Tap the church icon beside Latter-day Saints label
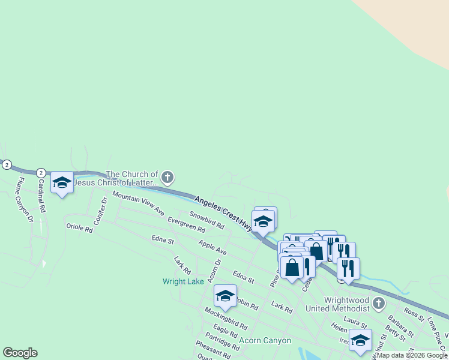click(167, 177)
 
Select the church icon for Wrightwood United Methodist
click(378, 303)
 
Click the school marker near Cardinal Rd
click(62, 182)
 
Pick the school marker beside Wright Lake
click(225, 295)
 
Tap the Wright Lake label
click(183, 281)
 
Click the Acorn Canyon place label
click(265, 340)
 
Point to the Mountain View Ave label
click(138, 204)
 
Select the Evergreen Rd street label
click(186, 224)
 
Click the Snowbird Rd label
click(206, 220)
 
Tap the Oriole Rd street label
click(79, 229)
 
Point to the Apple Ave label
click(212, 247)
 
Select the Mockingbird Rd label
click(226, 318)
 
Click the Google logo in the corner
click(20, 353)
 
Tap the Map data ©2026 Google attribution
click(412, 355)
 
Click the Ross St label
click(414, 313)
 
